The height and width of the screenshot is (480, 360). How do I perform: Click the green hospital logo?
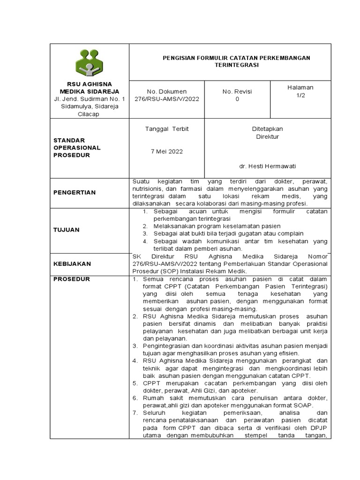click(89, 63)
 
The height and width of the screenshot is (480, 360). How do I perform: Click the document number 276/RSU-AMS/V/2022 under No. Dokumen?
click(166, 99)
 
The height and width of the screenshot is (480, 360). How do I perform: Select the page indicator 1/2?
click(300, 96)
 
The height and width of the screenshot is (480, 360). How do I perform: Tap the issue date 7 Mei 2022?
click(167, 151)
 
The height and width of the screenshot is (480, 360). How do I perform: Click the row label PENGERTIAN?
click(75, 192)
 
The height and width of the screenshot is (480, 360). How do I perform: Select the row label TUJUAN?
click(66, 230)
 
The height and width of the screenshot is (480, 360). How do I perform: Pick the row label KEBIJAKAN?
click(72, 264)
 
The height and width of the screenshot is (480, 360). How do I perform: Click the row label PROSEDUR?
click(72, 279)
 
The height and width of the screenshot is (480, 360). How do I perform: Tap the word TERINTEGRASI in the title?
click(236, 66)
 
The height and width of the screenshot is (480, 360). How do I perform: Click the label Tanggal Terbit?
click(167, 129)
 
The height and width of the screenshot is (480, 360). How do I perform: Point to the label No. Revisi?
click(237, 91)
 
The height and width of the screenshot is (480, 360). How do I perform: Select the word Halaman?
click(300, 88)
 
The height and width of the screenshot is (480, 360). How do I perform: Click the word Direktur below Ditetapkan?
click(267, 137)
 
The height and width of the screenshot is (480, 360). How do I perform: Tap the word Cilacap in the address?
click(89, 114)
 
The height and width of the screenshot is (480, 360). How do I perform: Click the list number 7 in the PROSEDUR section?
click(134, 412)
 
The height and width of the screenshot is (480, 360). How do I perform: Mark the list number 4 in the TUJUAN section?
click(145, 241)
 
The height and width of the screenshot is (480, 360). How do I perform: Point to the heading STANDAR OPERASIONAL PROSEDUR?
click(77, 148)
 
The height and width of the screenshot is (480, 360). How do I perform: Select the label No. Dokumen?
click(167, 91)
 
